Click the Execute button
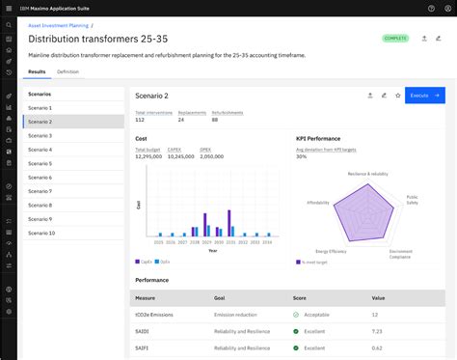pyautogui.click(x=424, y=96)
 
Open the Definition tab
pyautogui.click(x=67, y=71)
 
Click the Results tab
pyautogui.click(x=37, y=71)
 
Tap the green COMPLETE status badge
pyautogui.click(x=395, y=39)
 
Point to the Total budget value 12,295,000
pyautogui.click(x=149, y=156)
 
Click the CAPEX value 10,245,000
pyautogui.click(x=180, y=156)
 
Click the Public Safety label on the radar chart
pyautogui.click(x=412, y=200)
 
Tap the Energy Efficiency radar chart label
pyautogui.click(x=331, y=250)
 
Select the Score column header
pyautogui.click(x=299, y=298)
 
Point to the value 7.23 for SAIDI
pyautogui.click(x=376, y=331)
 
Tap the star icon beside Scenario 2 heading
pyautogui.click(x=397, y=96)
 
